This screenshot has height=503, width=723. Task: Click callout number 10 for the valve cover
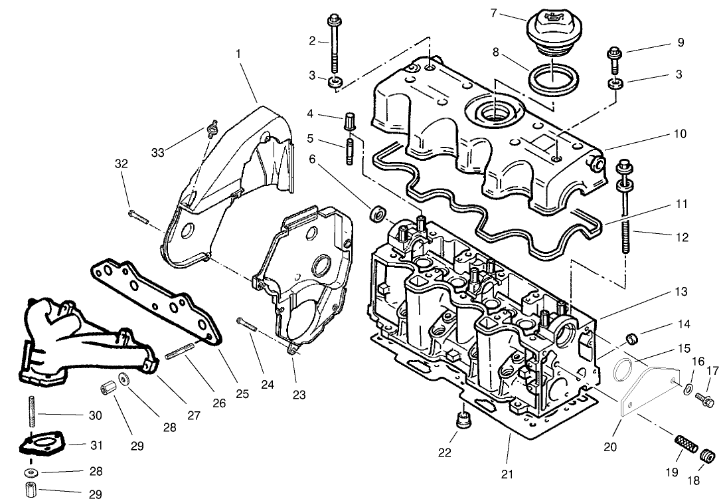pyautogui.click(x=679, y=134)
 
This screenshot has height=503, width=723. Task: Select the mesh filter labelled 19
pyautogui.click(x=684, y=442)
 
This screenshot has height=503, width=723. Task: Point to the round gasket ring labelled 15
pyautogui.click(x=625, y=371)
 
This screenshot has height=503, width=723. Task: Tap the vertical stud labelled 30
pyautogui.click(x=31, y=410)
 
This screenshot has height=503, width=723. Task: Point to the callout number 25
pyautogui.click(x=242, y=394)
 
